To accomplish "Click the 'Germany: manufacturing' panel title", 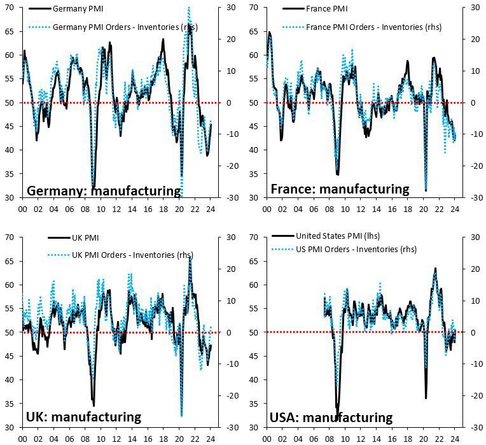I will [x=104, y=190].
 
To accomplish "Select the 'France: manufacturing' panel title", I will [x=340, y=189].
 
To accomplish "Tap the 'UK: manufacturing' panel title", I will [x=83, y=417].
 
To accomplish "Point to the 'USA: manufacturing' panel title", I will [x=331, y=418].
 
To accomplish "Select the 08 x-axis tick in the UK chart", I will [x=85, y=439].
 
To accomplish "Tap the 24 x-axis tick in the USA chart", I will [x=455, y=439].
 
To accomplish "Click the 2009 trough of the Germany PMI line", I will [x=93, y=186].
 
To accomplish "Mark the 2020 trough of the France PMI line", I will [x=426, y=190].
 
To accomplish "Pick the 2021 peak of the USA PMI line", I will [x=435, y=268].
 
